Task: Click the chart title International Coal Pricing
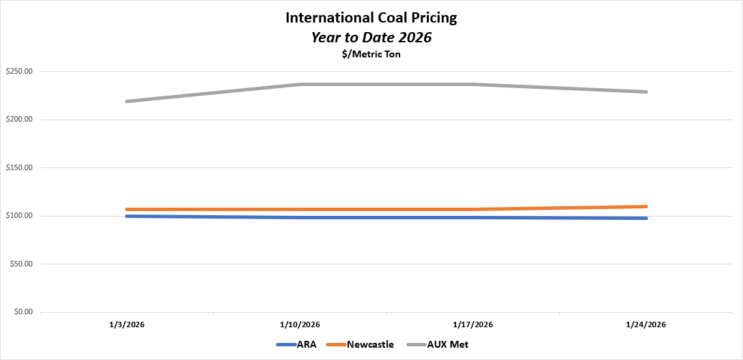(371, 18)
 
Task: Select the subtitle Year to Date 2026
(371, 38)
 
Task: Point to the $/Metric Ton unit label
(371, 55)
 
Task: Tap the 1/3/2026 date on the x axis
(127, 324)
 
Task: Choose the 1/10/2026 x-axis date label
(300, 324)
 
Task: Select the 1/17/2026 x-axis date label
(473, 324)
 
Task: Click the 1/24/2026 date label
(645, 324)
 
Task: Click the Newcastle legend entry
(369, 345)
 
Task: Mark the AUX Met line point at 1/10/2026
(300, 85)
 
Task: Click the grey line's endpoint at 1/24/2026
(645, 92)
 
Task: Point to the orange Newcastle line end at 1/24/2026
(645, 206)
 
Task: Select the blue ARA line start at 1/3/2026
(128, 216)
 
